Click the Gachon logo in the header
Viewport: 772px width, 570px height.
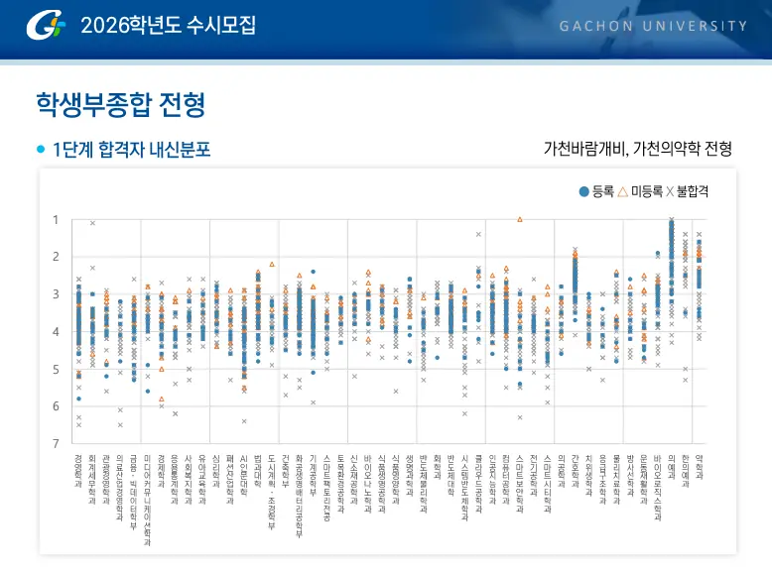pyautogui.click(x=47, y=24)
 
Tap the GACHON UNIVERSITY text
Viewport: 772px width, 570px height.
pyautogui.click(x=653, y=26)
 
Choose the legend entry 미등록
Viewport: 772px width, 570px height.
pyautogui.click(x=639, y=191)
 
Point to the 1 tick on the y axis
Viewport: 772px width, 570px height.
pyautogui.click(x=56, y=219)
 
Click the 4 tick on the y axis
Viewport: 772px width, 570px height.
pyautogui.click(x=56, y=331)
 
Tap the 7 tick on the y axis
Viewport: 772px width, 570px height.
pyautogui.click(x=56, y=443)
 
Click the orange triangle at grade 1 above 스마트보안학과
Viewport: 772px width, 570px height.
pyautogui.click(x=519, y=219)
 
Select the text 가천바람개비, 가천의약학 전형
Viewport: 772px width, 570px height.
pyautogui.click(x=637, y=150)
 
